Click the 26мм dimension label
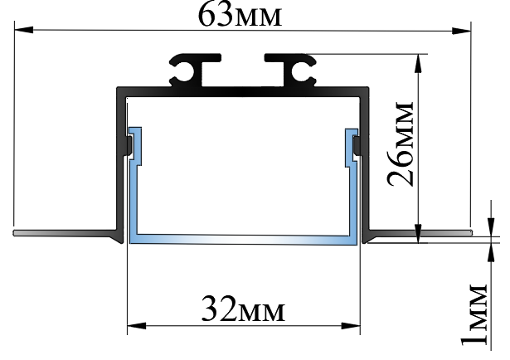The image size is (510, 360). pyautogui.click(x=402, y=146)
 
